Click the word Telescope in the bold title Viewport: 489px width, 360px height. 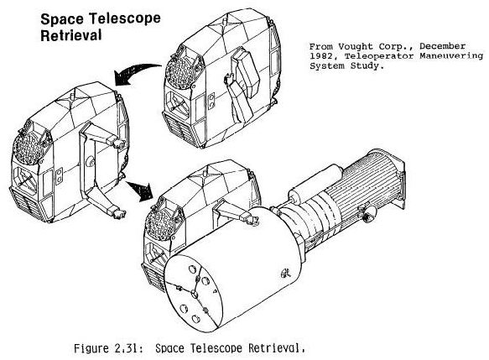[125, 18]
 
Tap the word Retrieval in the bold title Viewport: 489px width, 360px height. [71, 35]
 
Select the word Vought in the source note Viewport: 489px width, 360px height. [356, 47]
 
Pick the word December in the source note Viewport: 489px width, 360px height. [443, 46]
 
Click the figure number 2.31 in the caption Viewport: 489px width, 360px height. [127, 348]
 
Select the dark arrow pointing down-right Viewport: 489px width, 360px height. [140, 189]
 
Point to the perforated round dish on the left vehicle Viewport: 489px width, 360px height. [29, 148]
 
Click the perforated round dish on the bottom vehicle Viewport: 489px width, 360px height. [161, 222]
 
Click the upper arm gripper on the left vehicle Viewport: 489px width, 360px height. [117, 143]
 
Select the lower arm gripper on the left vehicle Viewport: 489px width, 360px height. [118, 214]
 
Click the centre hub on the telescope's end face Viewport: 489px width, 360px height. [194, 294]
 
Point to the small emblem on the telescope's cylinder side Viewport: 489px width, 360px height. [285, 274]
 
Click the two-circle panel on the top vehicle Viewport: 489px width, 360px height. [211, 102]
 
